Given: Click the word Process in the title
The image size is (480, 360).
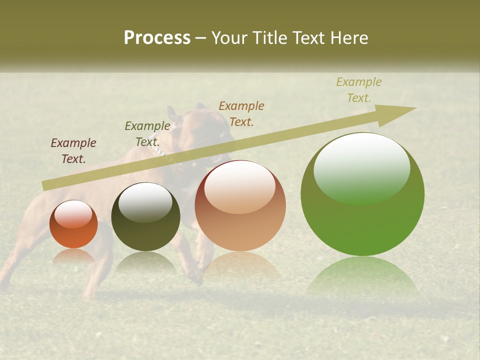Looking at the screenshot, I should (157, 37).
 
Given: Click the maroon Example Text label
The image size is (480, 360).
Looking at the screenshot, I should (73, 150).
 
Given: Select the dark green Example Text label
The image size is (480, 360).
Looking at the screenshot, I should (147, 133).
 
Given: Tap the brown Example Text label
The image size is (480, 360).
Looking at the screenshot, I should (241, 113).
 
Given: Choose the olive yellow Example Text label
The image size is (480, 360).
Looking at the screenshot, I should (359, 89).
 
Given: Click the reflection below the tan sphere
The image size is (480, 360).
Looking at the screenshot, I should (241, 265).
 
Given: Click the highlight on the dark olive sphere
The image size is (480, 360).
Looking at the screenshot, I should (145, 202).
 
